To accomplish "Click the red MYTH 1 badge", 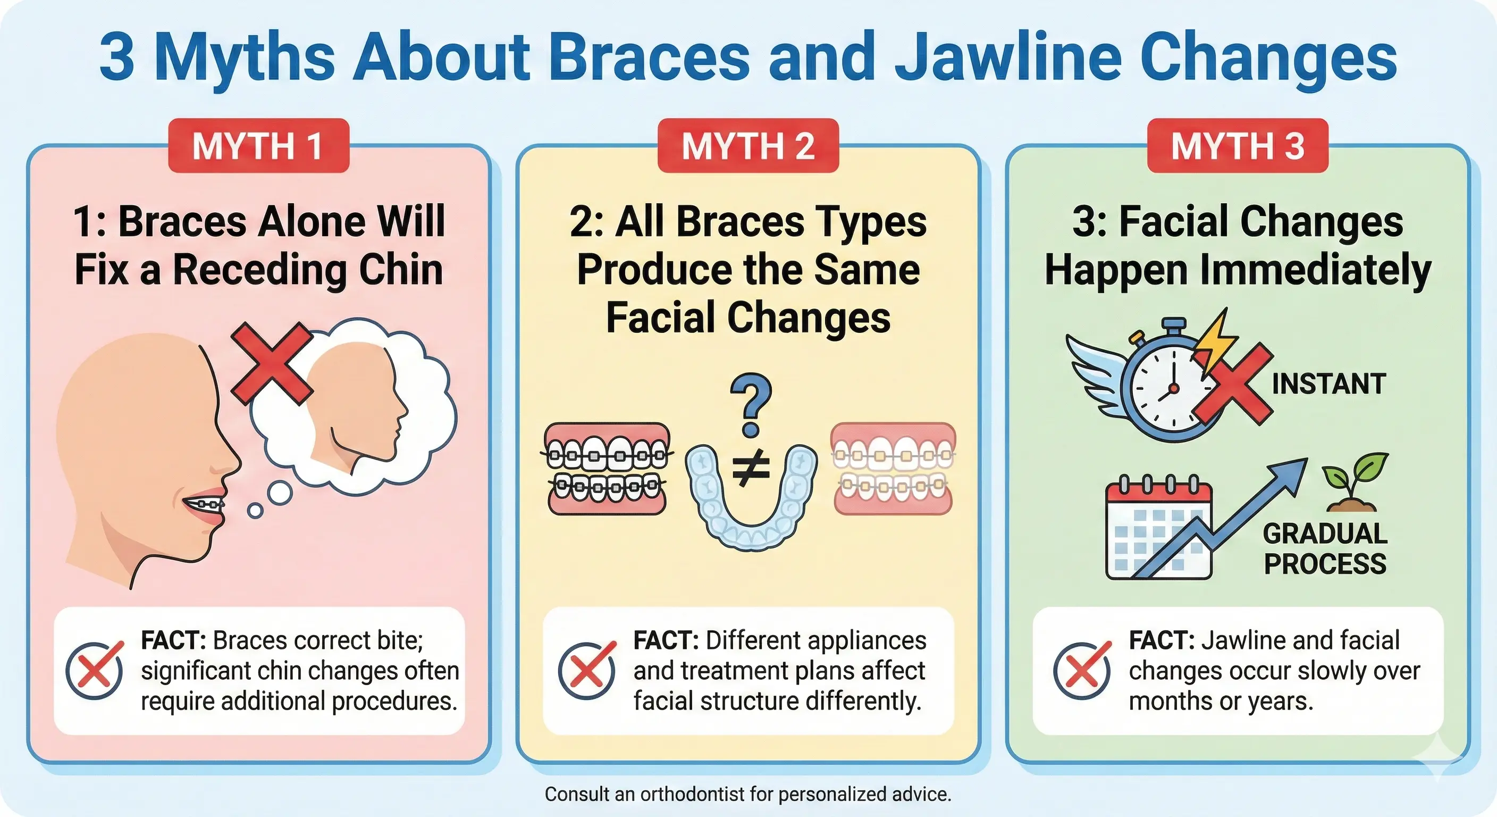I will click(x=258, y=145).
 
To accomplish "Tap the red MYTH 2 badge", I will click(x=748, y=145).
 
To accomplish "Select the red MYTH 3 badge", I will click(x=1237, y=145).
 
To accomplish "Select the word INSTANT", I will click(x=1328, y=384).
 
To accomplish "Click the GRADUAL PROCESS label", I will click(x=1325, y=549).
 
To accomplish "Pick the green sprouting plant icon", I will click(x=1354, y=482).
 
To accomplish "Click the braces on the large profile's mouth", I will click(x=207, y=504).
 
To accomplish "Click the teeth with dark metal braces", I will click(x=607, y=469).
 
